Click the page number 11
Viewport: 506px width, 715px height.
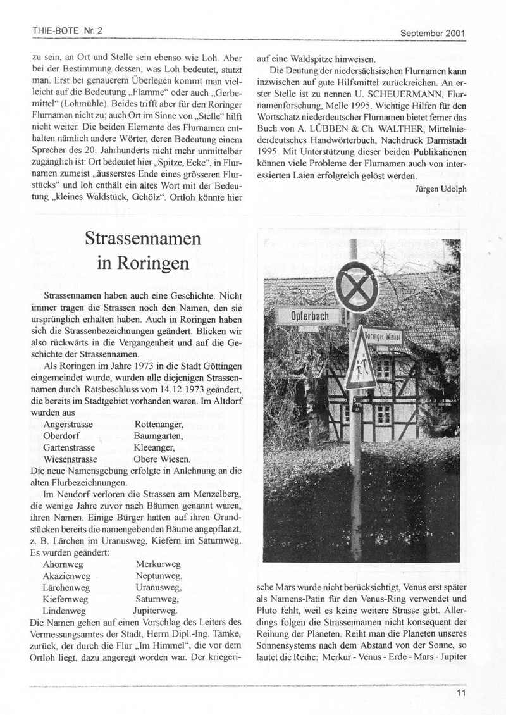[x=460, y=692]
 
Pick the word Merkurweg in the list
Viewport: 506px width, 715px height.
[x=158, y=563]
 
